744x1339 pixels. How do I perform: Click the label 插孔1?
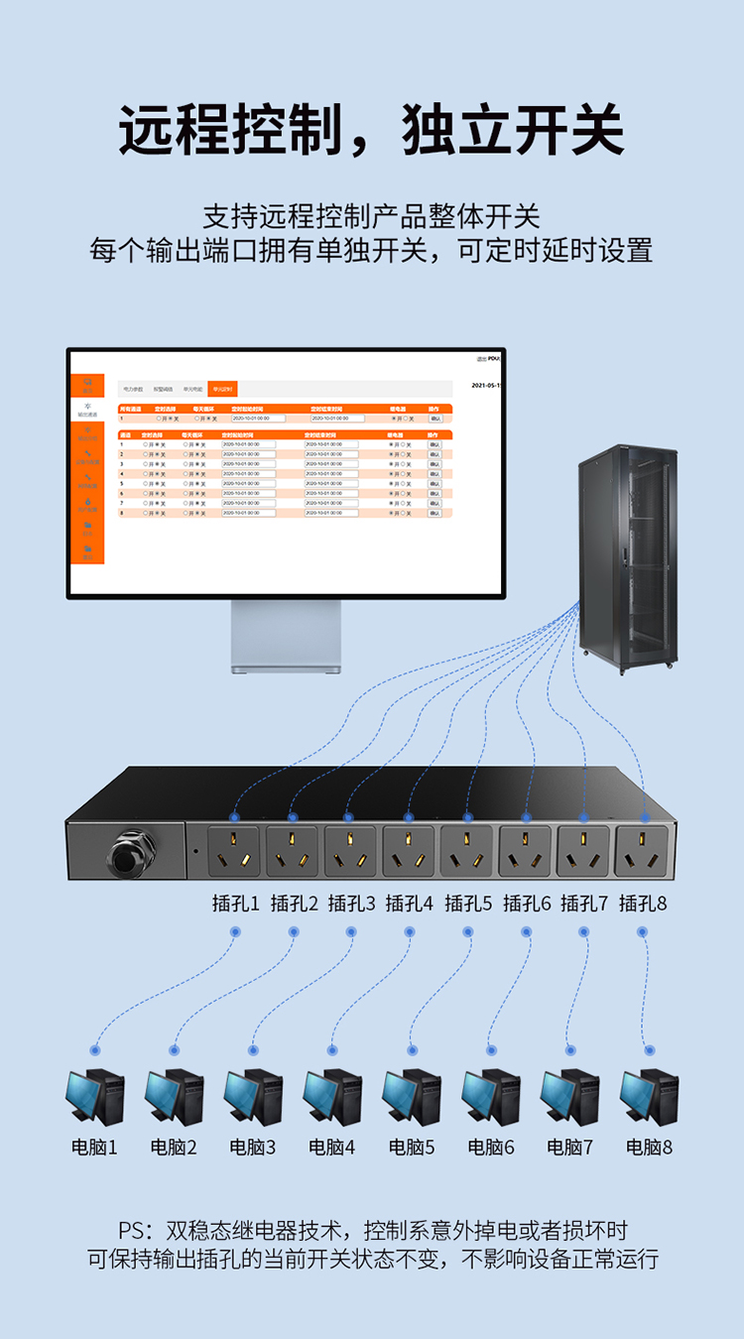click(235, 904)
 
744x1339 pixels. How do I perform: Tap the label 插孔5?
click(468, 904)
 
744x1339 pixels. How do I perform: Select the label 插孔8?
click(643, 904)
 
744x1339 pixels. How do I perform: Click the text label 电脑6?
click(491, 1148)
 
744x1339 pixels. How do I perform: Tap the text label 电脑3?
click(253, 1148)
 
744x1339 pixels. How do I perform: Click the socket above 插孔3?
click(350, 852)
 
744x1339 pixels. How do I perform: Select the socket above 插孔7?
click(583, 852)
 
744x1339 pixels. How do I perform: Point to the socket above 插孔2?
click(292, 852)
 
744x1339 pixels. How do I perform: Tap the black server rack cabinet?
click(629, 555)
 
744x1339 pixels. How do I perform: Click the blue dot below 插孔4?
click(410, 931)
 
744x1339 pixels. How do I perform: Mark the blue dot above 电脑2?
click(175, 1049)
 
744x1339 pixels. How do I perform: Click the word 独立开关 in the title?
click(513, 129)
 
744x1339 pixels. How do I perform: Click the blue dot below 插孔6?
click(527, 931)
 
